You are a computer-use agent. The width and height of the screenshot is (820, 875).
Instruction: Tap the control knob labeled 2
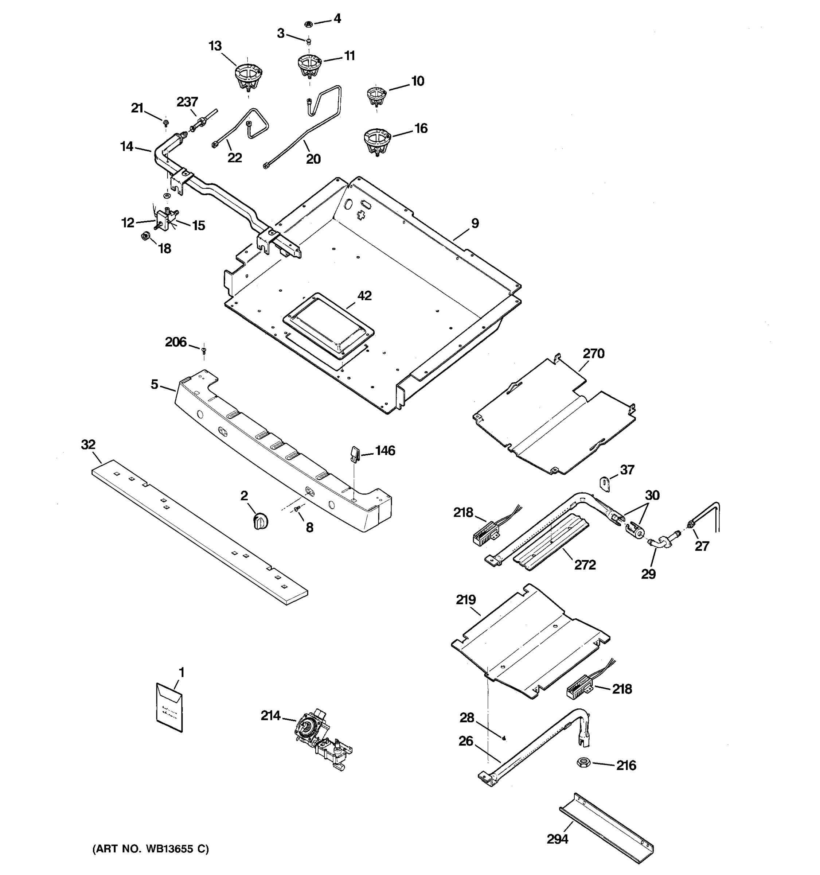pyautogui.click(x=261, y=521)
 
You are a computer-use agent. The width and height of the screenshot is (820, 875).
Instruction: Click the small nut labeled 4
pyautogui.click(x=308, y=23)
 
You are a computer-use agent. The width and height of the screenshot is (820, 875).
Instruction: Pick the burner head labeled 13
pyautogui.click(x=247, y=76)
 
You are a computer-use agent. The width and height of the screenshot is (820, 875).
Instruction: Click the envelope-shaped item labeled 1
pyautogui.click(x=169, y=708)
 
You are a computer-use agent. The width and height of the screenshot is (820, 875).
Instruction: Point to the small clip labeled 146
pyautogui.click(x=355, y=453)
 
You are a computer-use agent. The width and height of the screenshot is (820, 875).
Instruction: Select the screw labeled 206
pyautogui.click(x=203, y=350)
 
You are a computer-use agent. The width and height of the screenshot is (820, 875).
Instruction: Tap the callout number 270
pyautogui.click(x=593, y=353)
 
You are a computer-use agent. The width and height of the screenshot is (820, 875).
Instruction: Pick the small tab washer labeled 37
pyautogui.click(x=605, y=483)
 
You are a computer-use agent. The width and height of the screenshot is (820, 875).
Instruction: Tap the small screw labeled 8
pyautogui.click(x=297, y=509)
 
